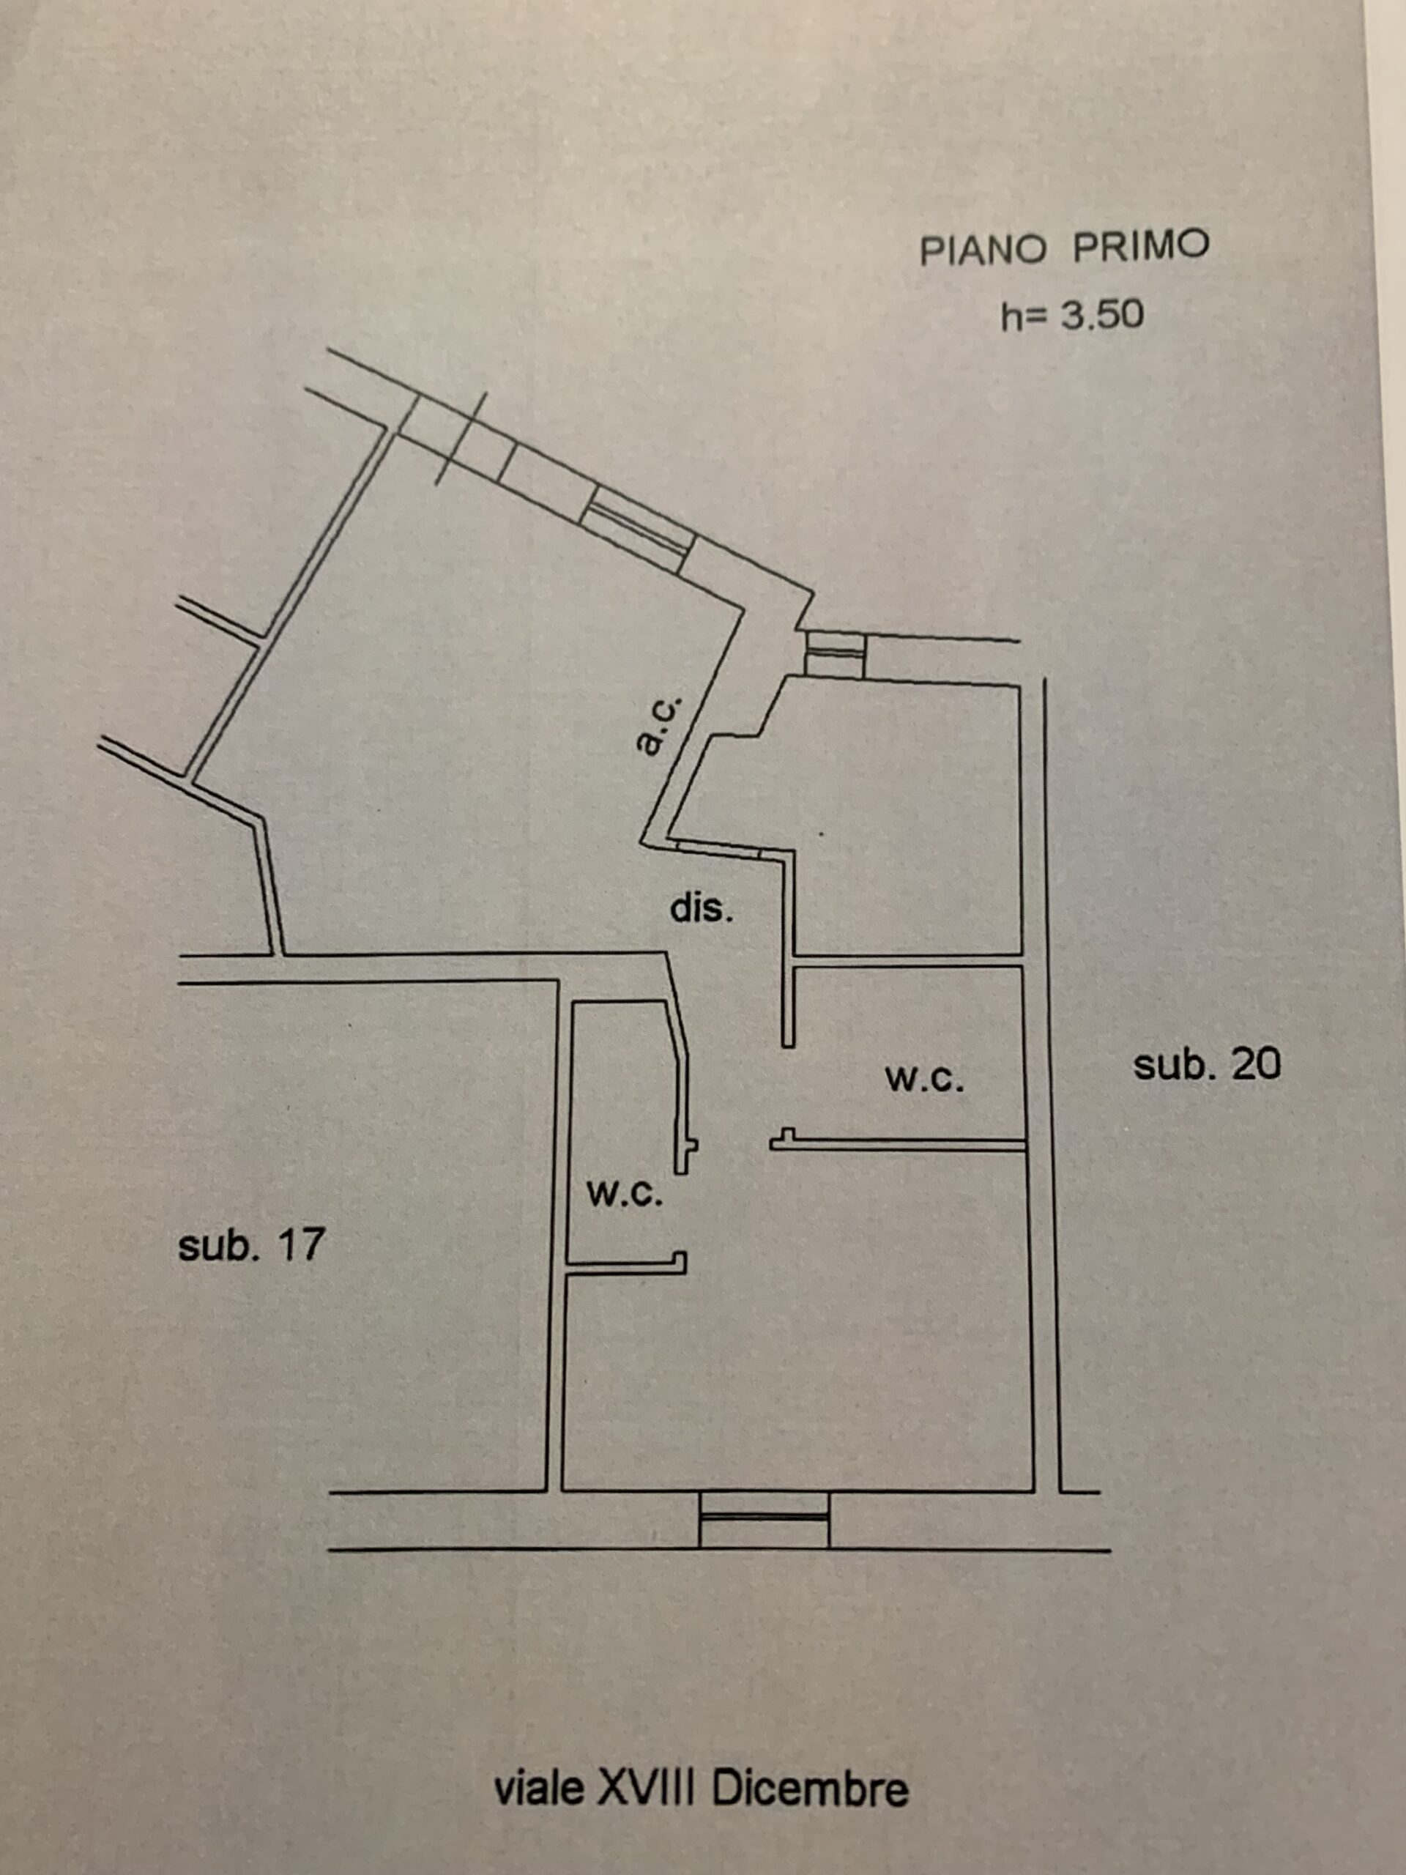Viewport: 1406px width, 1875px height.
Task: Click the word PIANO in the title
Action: pos(983,250)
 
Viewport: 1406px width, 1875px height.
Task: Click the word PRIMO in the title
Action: pos(1141,246)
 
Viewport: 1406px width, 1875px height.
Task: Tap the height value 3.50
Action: pos(1103,316)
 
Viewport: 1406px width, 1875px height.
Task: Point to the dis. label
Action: pos(702,909)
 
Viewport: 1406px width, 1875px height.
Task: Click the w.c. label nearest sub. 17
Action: pos(625,1194)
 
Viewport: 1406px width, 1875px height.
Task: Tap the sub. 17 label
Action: pos(251,1244)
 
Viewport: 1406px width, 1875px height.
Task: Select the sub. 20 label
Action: pos(1207,1065)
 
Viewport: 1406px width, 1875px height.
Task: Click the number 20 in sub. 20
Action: pos(1256,1065)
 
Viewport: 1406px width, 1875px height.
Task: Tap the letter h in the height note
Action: pos(1011,317)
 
